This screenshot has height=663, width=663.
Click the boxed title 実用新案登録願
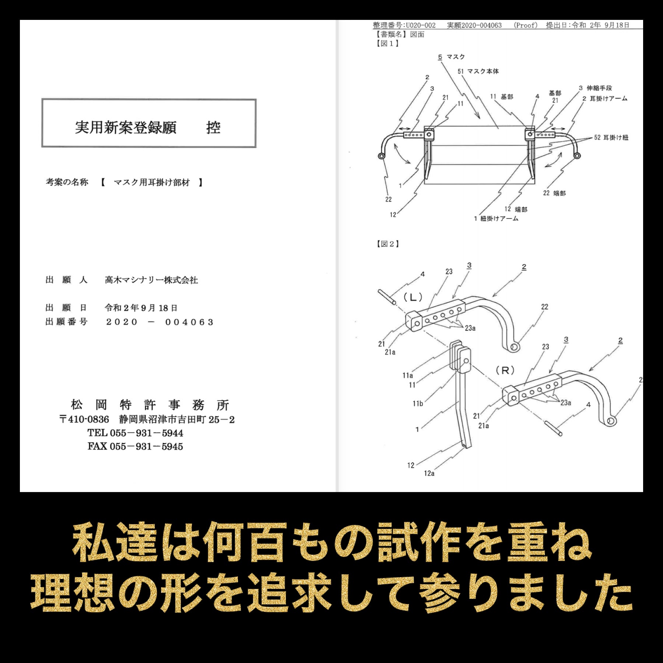126,127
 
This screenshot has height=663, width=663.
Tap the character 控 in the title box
213,127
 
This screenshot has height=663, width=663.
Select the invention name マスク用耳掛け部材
152,182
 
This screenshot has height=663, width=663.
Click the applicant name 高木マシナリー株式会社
151,280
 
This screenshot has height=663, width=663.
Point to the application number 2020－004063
159,322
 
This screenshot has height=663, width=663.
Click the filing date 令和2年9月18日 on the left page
141,308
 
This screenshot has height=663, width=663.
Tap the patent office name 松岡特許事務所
150,405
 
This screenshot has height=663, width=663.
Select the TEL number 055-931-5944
146,433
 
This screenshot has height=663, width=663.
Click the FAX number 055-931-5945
146,446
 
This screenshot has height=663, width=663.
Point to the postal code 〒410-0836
84,420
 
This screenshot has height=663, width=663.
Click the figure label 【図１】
387,43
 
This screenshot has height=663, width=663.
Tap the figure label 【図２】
387,244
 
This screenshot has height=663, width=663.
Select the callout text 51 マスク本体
478,71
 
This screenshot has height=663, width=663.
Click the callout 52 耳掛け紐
611,138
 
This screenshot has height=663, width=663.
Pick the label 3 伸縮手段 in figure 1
595,88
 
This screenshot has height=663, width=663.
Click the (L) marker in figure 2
413,297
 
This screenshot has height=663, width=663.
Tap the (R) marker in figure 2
505,371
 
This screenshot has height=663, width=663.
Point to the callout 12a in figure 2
429,473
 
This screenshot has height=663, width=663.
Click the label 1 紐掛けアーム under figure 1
496,219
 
